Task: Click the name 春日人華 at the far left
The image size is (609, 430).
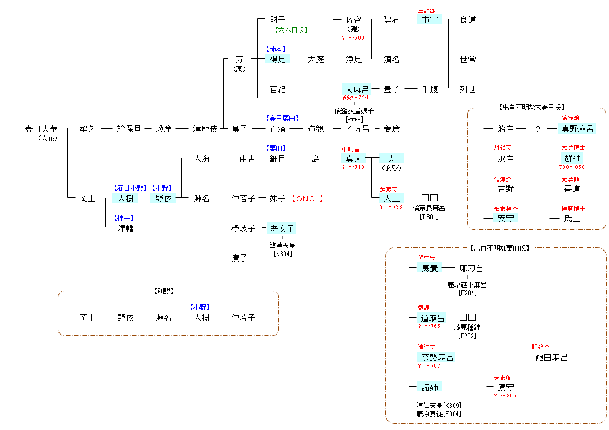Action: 41,129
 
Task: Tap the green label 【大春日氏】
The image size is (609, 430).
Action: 291,31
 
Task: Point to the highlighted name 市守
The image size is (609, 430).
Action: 429,20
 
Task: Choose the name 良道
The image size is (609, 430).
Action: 468,20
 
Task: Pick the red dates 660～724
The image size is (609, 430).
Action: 355,98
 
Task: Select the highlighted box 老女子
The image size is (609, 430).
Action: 282,229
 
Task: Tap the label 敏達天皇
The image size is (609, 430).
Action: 282,246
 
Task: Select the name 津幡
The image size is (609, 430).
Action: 125,229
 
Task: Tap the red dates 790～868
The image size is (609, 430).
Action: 572,167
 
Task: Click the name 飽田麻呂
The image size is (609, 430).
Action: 551,358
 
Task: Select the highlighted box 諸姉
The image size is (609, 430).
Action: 429,387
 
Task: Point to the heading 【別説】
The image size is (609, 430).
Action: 168,291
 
